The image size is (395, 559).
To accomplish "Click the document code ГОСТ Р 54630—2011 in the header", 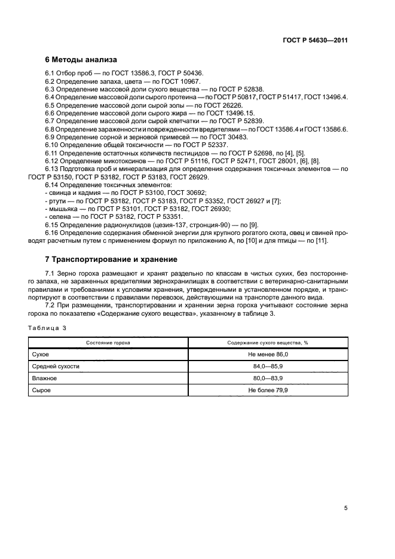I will point(315,41).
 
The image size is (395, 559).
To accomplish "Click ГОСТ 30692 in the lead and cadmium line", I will point(186,193).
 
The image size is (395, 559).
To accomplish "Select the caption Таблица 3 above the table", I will point(48,328).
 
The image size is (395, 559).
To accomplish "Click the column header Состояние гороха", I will point(108,343).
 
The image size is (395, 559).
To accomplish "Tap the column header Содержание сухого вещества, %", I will point(268,343).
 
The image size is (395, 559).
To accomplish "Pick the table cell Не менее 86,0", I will point(268,355).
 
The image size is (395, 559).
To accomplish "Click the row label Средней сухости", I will point(55,366).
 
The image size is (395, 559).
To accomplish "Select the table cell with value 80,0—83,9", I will point(268,378).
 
